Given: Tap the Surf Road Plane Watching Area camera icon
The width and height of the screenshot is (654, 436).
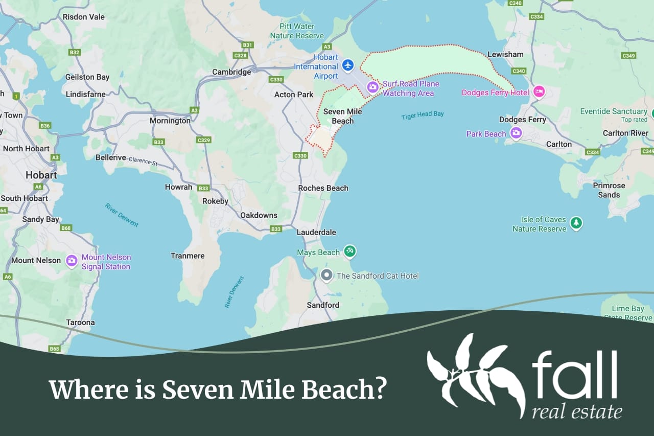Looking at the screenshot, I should [x=373, y=87].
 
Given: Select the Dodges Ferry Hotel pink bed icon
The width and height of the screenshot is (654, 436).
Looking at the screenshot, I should [x=539, y=92].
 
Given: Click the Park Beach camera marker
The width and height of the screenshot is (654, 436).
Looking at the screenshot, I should [x=516, y=133].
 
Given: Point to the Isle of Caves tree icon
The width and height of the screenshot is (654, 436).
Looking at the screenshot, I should [x=576, y=223].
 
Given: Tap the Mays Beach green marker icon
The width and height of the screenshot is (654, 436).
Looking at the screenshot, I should [x=349, y=251].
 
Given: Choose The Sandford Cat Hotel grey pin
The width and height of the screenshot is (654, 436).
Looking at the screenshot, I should [x=326, y=276].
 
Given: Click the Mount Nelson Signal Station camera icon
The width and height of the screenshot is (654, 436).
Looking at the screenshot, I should [x=72, y=261].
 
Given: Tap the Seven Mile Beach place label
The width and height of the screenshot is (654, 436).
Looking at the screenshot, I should [x=342, y=116].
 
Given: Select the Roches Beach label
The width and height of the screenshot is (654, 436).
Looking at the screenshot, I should [x=323, y=188].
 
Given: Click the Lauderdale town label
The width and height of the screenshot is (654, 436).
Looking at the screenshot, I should [x=316, y=232].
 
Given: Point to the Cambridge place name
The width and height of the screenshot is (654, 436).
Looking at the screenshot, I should [x=231, y=72].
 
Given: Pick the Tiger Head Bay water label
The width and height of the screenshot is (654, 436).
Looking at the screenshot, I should [x=423, y=115].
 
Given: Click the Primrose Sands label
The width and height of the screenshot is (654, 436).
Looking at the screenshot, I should [x=609, y=190].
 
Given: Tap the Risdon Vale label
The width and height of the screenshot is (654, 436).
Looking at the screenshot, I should [x=83, y=17].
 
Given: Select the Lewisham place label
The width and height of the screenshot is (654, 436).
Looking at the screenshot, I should [x=505, y=54].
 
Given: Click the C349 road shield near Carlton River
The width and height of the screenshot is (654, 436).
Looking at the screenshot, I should [x=647, y=151].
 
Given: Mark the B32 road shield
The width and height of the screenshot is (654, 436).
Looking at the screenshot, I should [x=75, y=52].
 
